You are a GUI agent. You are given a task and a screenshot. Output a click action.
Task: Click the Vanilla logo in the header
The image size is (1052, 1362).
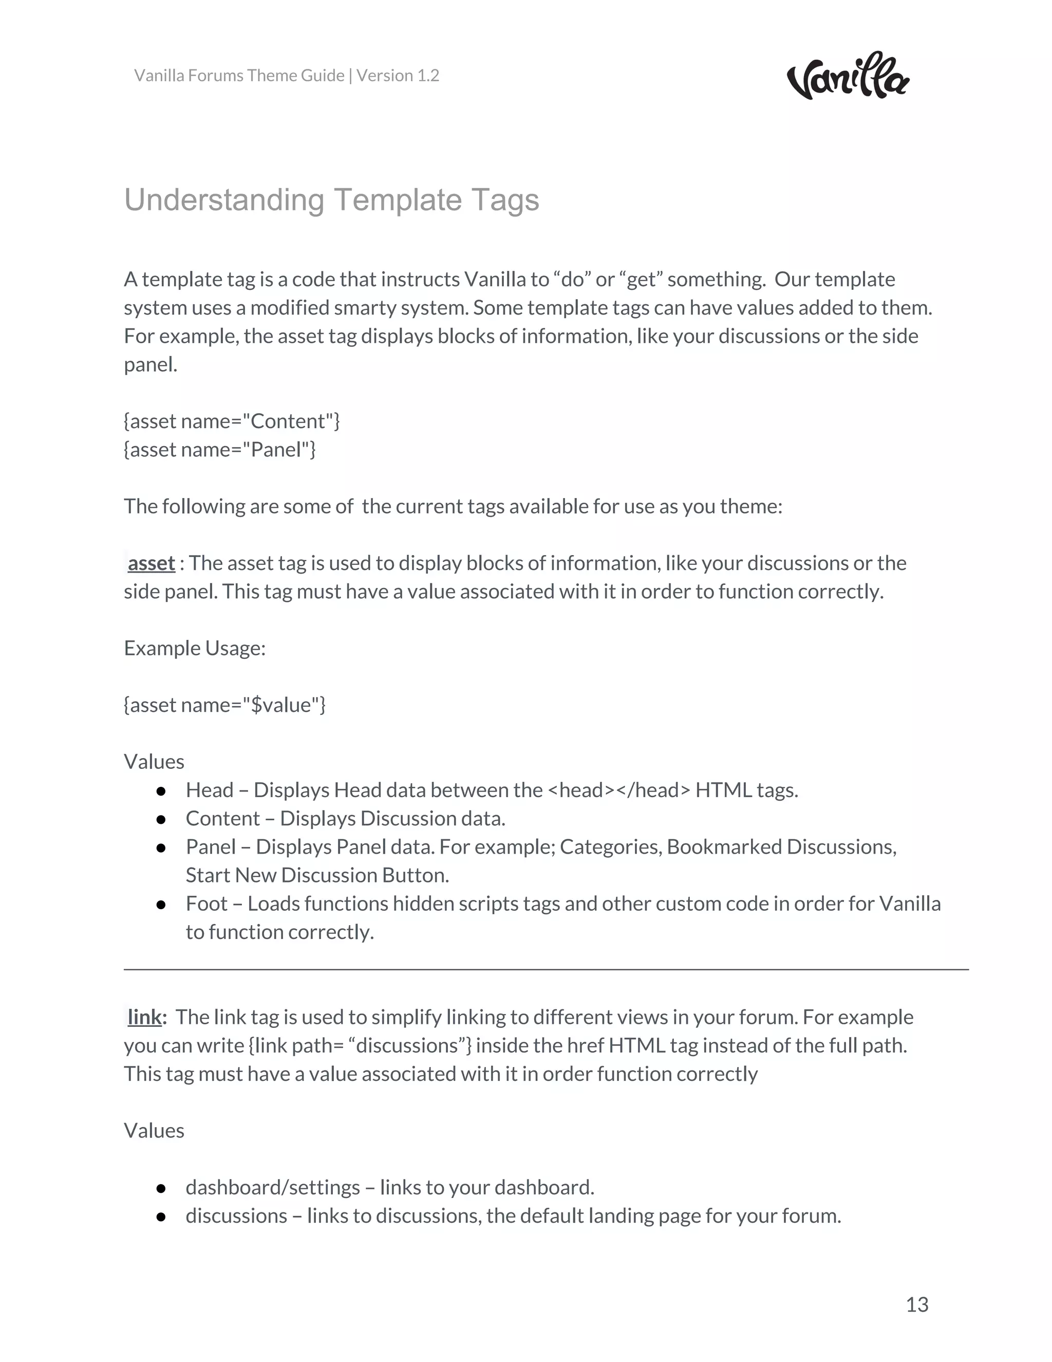848,77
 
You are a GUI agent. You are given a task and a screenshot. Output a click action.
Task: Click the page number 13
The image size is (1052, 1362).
917,1304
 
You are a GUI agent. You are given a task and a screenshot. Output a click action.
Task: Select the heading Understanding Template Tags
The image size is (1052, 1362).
331,200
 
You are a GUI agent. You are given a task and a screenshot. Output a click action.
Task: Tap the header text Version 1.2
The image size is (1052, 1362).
398,76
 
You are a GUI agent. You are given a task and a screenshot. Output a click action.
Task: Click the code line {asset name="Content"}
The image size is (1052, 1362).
232,421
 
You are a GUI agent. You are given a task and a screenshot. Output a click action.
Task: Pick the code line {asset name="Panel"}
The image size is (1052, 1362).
220,449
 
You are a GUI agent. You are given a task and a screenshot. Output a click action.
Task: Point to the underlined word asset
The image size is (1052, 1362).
151,563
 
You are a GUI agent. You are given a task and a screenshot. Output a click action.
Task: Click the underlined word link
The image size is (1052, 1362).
144,1017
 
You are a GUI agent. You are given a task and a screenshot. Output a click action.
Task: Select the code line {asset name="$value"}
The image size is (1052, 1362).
225,705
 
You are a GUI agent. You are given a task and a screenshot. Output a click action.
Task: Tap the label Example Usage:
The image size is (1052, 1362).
195,648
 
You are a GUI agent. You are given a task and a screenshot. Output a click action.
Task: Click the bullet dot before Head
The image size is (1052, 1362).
161,791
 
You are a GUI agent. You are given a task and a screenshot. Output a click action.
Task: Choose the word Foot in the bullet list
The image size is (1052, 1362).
206,904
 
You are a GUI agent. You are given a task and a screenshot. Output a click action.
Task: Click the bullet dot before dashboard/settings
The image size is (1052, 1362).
161,1188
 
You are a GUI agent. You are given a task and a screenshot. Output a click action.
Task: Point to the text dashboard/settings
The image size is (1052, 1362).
272,1187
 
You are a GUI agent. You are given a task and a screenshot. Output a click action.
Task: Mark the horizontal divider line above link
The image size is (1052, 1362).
546,970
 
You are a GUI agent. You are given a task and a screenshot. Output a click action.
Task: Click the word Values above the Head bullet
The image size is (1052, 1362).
154,762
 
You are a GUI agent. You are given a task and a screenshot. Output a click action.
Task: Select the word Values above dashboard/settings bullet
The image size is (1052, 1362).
154,1131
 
